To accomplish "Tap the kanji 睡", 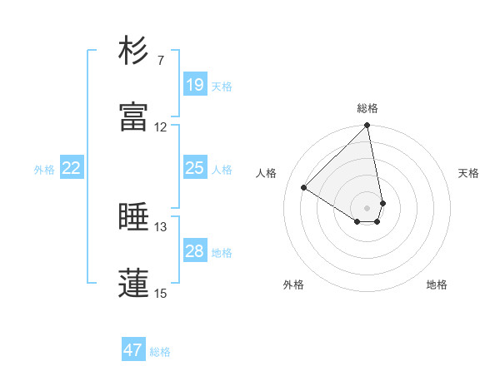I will [x=133, y=217].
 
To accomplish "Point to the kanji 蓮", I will [x=133, y=283].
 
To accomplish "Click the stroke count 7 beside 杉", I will [x=160, y=61].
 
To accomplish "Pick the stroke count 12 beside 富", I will [x=160, y=127].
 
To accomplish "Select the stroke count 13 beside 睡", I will [x=160, y=227].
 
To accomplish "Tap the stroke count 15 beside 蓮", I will [x=160, y=293].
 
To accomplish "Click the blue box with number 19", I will [x=194, y=84].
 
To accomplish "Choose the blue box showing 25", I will [x=194, y=168].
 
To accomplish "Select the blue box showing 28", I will [x=194, y=251].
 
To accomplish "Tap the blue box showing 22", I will [x=72, y=168].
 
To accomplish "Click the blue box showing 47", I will [x=133, y=350].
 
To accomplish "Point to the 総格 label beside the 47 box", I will [x=160, y=352].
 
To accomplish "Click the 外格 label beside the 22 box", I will [x=44, y=170].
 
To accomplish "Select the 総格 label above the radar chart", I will [x=367, y=108].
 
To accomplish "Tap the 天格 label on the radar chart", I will [x=468, y=173].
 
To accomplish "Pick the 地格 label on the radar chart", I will [x=437, y=285].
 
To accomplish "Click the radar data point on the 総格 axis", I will [x=367, y=126].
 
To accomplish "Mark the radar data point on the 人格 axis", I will [x=304, y=188].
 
